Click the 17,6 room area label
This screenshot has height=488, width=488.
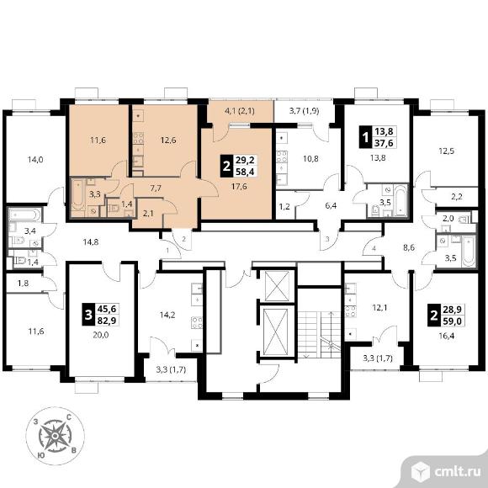pyautogui.click(x=239, y=187)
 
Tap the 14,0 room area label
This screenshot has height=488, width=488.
pyautogui.click(x=35, y=160)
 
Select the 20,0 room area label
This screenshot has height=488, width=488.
pyautogui.click(x=101, y=335)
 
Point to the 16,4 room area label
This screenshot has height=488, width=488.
pyautogui.click(x=447, y=336)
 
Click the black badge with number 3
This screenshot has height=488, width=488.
pyautogui.click(x=88, y=315)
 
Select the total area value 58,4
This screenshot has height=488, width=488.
pyautogui.click(x=245, y=172)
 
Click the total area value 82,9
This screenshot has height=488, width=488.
pyautogui.click(x=107, y=321)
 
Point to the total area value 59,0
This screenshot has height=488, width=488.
pyautogui.click(x=453, y=321)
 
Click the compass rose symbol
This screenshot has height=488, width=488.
pyautogui.click(x=55, y=436)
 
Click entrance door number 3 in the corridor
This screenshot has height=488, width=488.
pyautogui.click(x=327, y=239)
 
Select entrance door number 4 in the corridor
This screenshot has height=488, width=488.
pyautogui.click(x=374, y=248)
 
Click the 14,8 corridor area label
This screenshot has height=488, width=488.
pyautogui.click(x=91, y=241)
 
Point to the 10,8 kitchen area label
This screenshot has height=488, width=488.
pyautogui.click(x=310, y=159)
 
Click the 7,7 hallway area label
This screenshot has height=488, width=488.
pyautogui.click(x=156, y=188)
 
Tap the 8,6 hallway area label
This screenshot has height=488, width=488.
pyautogui.click(x=409, y=248)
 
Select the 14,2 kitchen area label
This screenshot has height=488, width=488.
pyautogui.click(x=167, y=316)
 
